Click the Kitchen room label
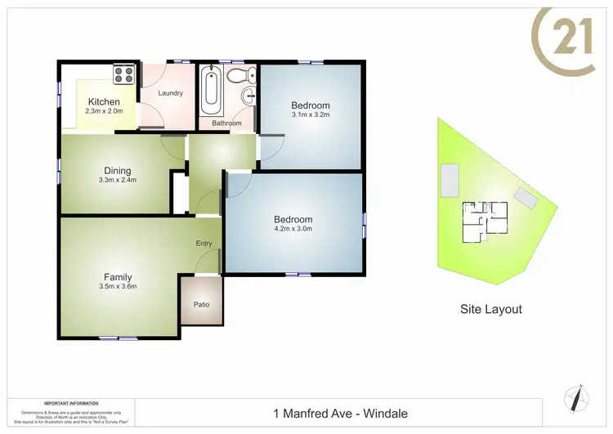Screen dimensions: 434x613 pos(104,102)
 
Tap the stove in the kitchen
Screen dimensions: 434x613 pos(123,74)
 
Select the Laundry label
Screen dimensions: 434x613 pos(169,93)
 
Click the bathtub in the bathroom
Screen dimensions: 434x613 pos(210,91)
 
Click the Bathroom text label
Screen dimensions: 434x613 pos(226,123)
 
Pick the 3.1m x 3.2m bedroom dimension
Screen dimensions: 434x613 pos(311,115)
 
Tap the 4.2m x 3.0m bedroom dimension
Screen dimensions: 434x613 pos(293,229)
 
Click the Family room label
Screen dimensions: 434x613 pos(118,277)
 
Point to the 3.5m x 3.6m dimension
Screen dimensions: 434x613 pos(118,286)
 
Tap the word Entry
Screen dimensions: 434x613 pos(204,244)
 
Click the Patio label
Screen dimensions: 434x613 pos(201,305)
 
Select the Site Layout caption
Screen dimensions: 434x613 pos(491,309)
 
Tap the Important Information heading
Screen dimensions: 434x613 pos(72,404)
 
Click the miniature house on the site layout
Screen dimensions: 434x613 pos(485,221)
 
